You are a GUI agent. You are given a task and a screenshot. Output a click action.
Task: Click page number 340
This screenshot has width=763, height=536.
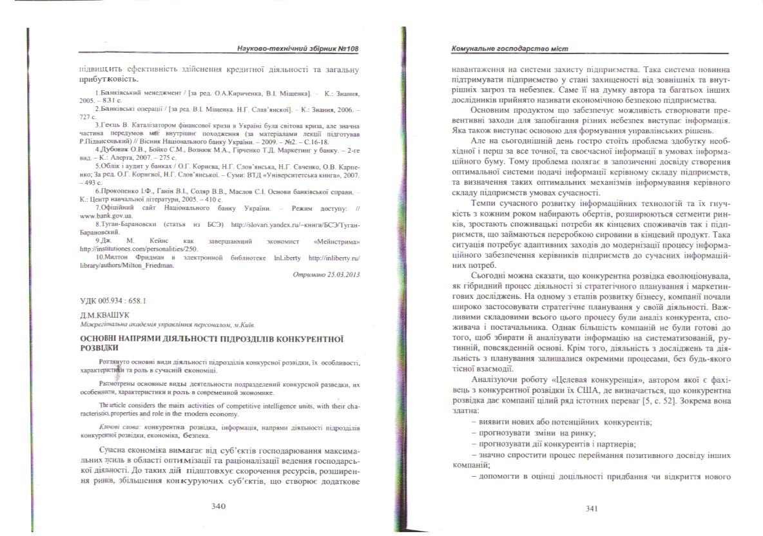[x=218, y=506]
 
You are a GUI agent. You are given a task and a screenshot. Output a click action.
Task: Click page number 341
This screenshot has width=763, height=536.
[x=592, y=508]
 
